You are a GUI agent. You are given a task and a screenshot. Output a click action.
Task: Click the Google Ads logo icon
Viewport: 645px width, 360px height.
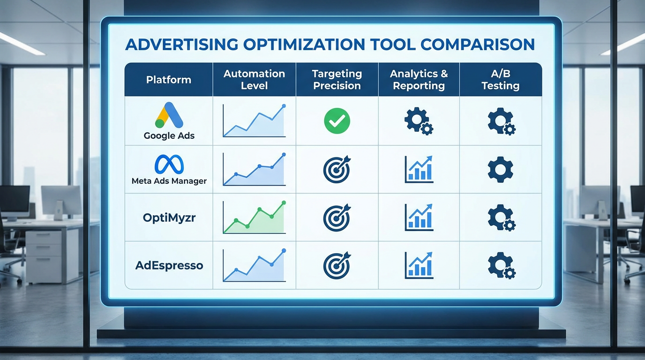point(169,115)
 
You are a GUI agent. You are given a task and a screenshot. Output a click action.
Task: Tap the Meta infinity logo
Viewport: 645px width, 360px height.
point(169,164)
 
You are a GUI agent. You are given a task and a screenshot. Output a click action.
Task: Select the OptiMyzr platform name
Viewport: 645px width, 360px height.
point(169,217)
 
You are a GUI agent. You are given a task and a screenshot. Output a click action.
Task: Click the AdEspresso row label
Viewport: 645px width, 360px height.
point(169,265)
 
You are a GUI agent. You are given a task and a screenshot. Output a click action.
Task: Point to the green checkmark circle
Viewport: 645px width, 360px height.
point(337,121)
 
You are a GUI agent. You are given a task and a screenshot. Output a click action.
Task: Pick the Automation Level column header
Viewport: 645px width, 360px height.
point(254,80)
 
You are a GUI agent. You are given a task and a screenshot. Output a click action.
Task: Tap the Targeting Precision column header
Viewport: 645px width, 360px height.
point(337,80)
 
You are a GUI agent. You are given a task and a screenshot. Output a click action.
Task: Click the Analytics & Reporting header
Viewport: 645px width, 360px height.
point(419,80)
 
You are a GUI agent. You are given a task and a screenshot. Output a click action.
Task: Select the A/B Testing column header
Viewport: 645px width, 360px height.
point(501,80)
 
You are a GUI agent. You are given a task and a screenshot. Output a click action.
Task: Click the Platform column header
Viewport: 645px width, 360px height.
point(169,80)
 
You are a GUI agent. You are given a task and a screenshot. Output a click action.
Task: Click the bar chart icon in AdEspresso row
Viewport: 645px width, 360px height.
point(419,265)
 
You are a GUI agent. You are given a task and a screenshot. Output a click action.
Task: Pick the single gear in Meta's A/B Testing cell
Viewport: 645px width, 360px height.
point(501,169)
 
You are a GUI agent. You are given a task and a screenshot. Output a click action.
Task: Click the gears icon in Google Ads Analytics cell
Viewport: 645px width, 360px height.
point(419,121)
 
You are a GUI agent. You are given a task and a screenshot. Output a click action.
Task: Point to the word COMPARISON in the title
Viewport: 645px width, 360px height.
point(477,45)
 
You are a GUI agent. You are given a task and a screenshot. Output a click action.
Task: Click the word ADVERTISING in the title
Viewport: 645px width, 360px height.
point(182,45)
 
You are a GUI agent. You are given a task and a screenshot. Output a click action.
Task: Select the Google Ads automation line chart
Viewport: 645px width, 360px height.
point(254,121)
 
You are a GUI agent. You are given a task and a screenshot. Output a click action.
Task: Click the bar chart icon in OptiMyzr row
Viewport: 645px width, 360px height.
point(419,217)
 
